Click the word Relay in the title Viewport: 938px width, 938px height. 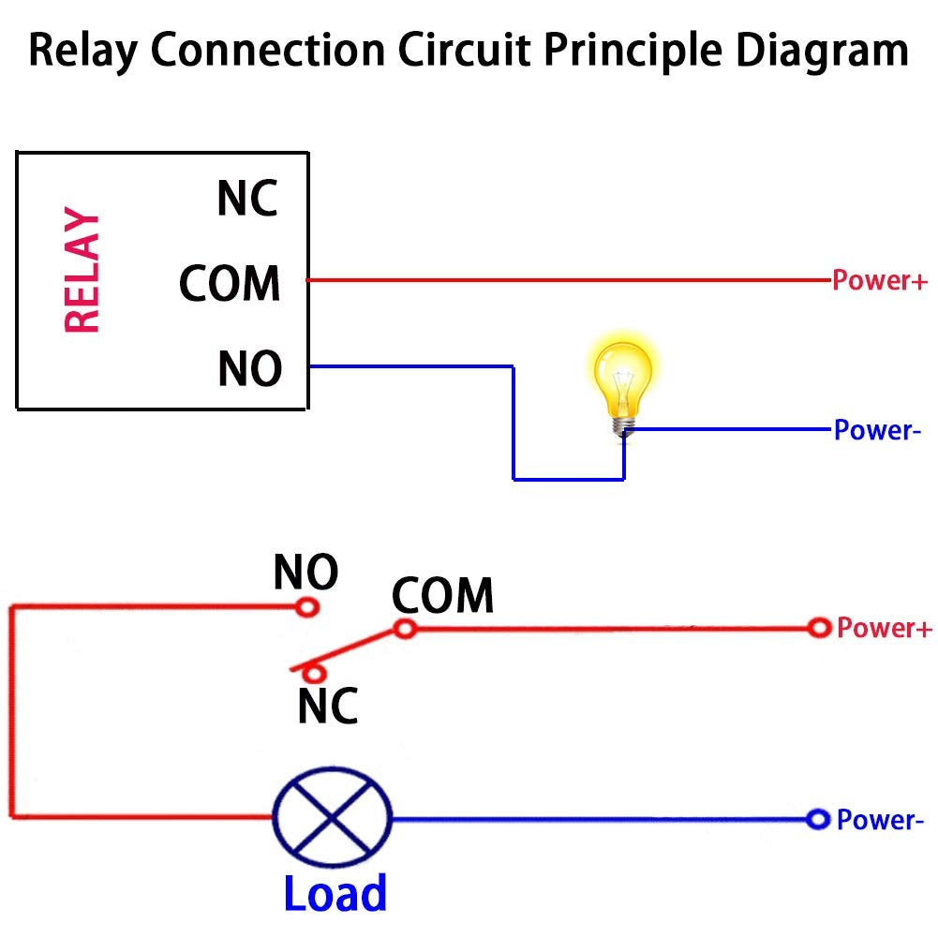(x=85, y=52)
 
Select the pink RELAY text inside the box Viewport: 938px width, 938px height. (x=82, y=273)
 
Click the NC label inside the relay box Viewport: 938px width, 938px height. (x=247, y=199)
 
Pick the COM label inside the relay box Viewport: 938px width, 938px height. (x=231, y=283)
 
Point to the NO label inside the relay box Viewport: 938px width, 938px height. (x=249, y=368)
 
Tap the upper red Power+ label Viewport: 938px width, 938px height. (x=880, y=280)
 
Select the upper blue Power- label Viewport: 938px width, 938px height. (x=872, y=431)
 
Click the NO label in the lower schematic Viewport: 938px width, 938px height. (x=305, y=573)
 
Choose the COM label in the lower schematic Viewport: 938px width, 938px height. (x=442, y=596)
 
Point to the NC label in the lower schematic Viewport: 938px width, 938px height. (x=328, y=706)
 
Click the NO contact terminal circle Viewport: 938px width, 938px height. (x=307, y=607)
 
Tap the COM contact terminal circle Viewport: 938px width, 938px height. (x=405, y=629)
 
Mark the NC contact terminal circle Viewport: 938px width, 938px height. (x=317, y=672)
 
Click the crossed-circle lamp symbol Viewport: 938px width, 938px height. (x=331, y=817)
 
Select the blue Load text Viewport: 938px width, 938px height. (x=335, y=893)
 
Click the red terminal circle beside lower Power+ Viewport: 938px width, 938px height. (x=820, y=628)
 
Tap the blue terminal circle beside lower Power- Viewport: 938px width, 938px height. (x=819, y=820)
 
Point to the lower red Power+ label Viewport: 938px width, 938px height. (x=885, y=628)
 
